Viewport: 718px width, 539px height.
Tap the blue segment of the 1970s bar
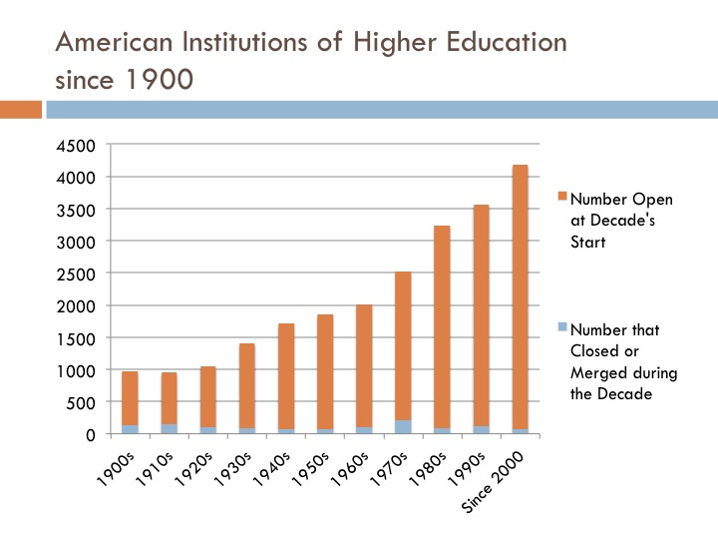point(402,426)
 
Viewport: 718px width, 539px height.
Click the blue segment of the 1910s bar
point(169,428)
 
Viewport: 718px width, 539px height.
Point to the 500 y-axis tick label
point(82,402)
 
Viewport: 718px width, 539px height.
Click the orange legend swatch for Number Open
point(560,197)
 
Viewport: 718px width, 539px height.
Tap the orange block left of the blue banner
point(20,108)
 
